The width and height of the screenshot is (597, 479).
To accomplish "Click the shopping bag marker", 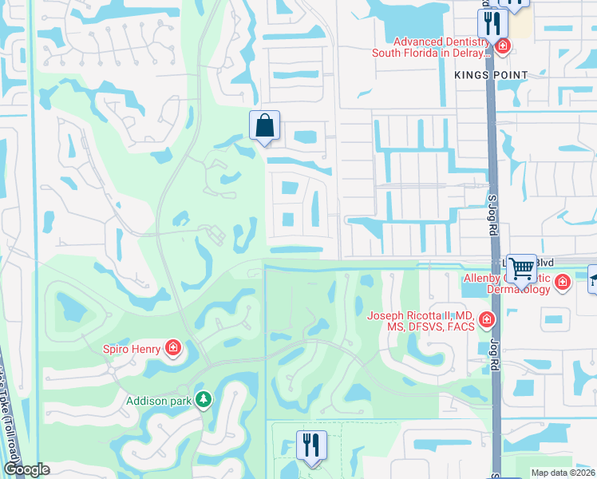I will (264, 126).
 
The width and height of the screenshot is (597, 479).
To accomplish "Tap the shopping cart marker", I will (521, 269).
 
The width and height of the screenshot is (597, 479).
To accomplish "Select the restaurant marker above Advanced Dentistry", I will (493, 23).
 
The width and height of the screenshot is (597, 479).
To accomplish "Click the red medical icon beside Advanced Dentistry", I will (502, 46).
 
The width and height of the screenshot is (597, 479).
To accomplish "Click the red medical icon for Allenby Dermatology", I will (563, 282).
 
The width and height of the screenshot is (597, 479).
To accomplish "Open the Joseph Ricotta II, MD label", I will (421, 320).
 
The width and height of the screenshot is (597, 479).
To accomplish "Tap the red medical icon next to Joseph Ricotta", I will (486, 321).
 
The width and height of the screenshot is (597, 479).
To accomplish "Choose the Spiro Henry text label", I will (132, 348).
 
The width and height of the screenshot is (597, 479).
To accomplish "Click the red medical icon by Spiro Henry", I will (172, 347).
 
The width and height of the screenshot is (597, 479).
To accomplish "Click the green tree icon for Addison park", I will (204, 398).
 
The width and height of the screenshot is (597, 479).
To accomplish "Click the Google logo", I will (26, 469).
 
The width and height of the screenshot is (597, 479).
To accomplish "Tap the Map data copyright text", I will (563, 473).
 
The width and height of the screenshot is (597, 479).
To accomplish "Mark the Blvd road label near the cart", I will (544, 261).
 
